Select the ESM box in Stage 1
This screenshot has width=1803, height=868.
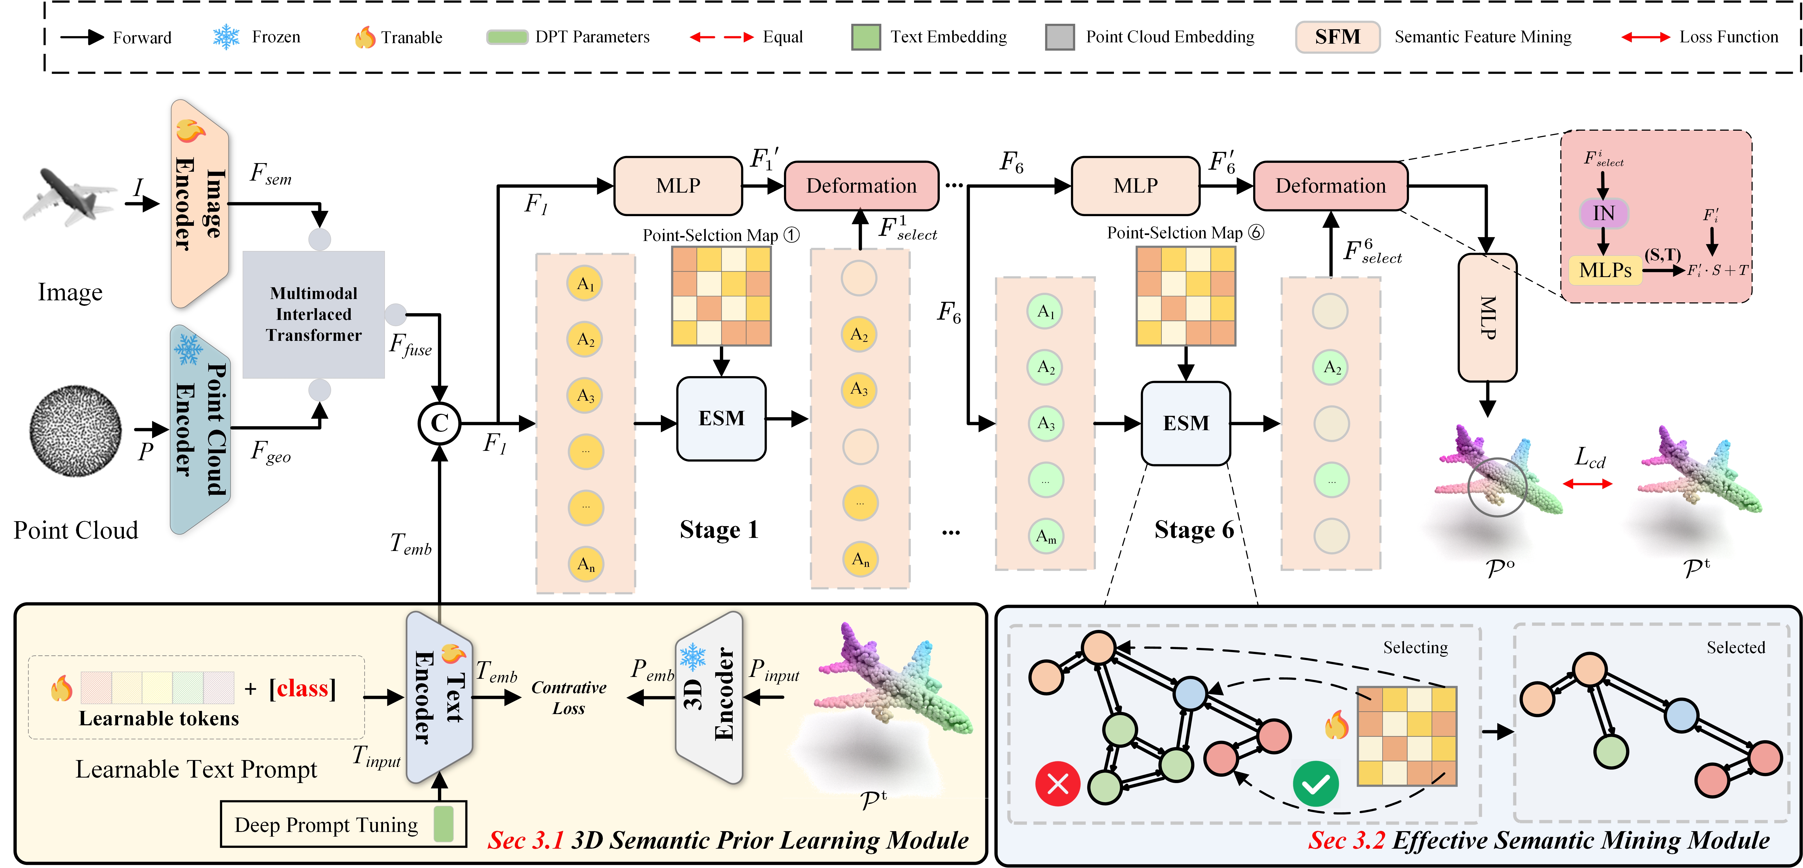pyautogui.click(x=721, y=419)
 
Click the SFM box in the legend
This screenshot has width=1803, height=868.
pyautogui.click(x=1337, y=37)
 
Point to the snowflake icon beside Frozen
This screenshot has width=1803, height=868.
pyautogui.click(x=226, y=37)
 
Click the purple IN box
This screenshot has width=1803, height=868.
pyautogui.click(x=1604, y=214)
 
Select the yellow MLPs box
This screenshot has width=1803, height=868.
pyautogui.click(x=1605, y=270)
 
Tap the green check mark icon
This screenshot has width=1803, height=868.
pyautogui.click(x=1315, y=783)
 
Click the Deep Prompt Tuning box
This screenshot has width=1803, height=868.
pyautogui.click(x=343, y=825)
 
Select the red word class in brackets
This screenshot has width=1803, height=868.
pyautogui.click(x=302, y=689)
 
